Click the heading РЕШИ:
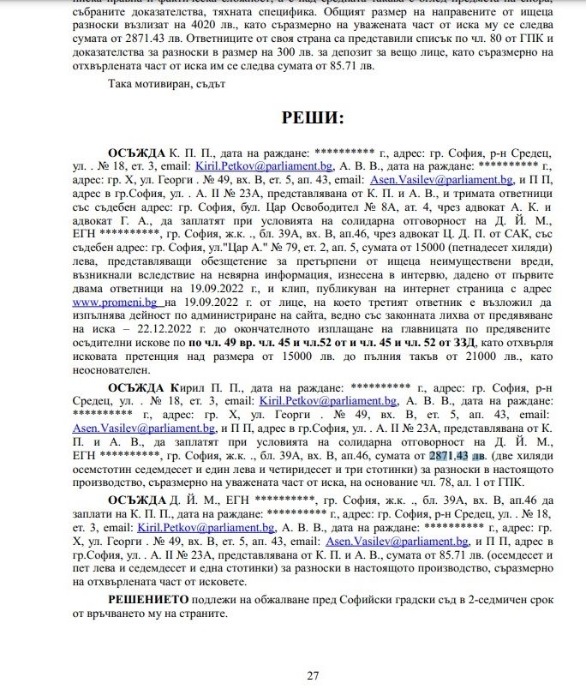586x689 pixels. [x=313, y=117]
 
